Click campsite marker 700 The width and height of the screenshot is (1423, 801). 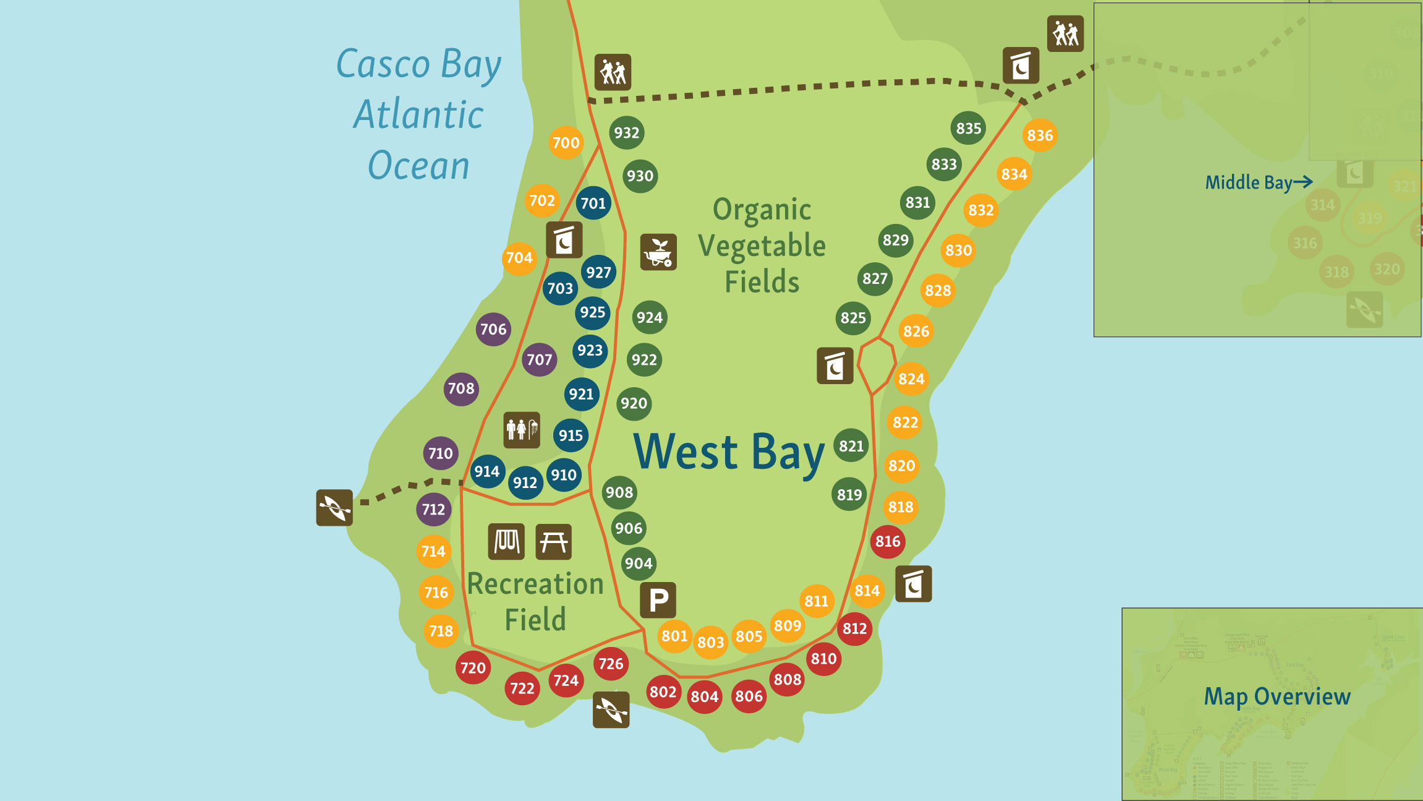pyautogui.click(x=565, y=143)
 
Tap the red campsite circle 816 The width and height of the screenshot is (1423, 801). pyautogui.click(x=887, y=541)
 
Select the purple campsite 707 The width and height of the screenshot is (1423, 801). pyautogui.click(x=539, y=359)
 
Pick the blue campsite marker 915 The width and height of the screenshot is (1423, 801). pyautogui.click(x=570, y=435)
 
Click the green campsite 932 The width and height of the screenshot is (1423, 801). pyautogui.click(x=626, y=132)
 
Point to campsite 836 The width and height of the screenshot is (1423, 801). pyautogui.click(x=1039, y=135)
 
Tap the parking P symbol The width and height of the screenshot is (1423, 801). pyautogui.click(x=658, y=600)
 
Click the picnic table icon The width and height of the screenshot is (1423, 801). pyautogui.click(x=553, y=542)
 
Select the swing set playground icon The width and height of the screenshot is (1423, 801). pyautogui.click(x=506, y=542)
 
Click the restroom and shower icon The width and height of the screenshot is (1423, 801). pyautogui.click(x=522, y=429)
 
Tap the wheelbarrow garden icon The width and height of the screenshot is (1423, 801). pyautogui.click(x=658, y=252)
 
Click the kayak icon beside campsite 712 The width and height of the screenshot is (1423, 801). pyautogui.click(x=334, y=508)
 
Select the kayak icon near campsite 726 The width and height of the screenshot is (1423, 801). pyautogui.click(x=611, y=709)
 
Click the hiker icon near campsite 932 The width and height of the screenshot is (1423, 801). pyautogui.click(x=613, y=72)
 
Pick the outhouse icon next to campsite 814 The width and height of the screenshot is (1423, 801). pyautogui.click(x=913, y=584)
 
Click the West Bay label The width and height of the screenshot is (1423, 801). pyautogui.click(x=729, y=452)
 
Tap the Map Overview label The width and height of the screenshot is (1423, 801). pyautogui.click(x=1276, y=696)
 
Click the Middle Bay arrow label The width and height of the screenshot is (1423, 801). pyautogui.click(x=1258, y=182)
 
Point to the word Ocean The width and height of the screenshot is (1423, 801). pyautogui.click(x=418, y=166)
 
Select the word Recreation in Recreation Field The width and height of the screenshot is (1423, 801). pyautogui.click(x=535, y=584)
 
